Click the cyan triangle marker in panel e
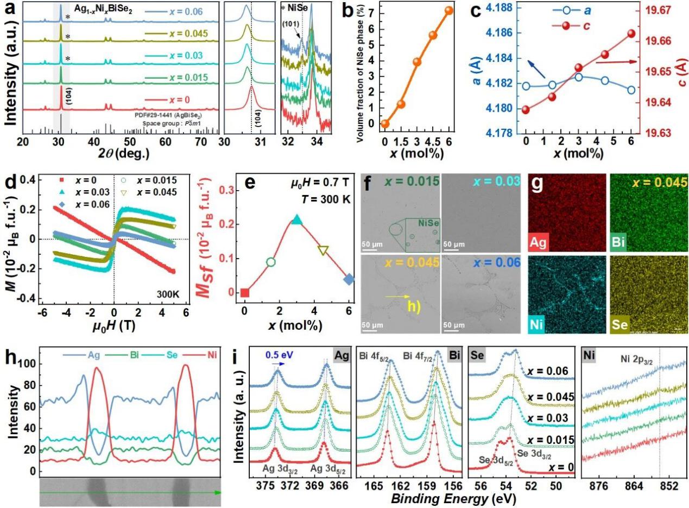[x=296, y=219]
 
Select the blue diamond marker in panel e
[x=349, y=279]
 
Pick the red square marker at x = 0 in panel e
[x=245, y=293]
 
